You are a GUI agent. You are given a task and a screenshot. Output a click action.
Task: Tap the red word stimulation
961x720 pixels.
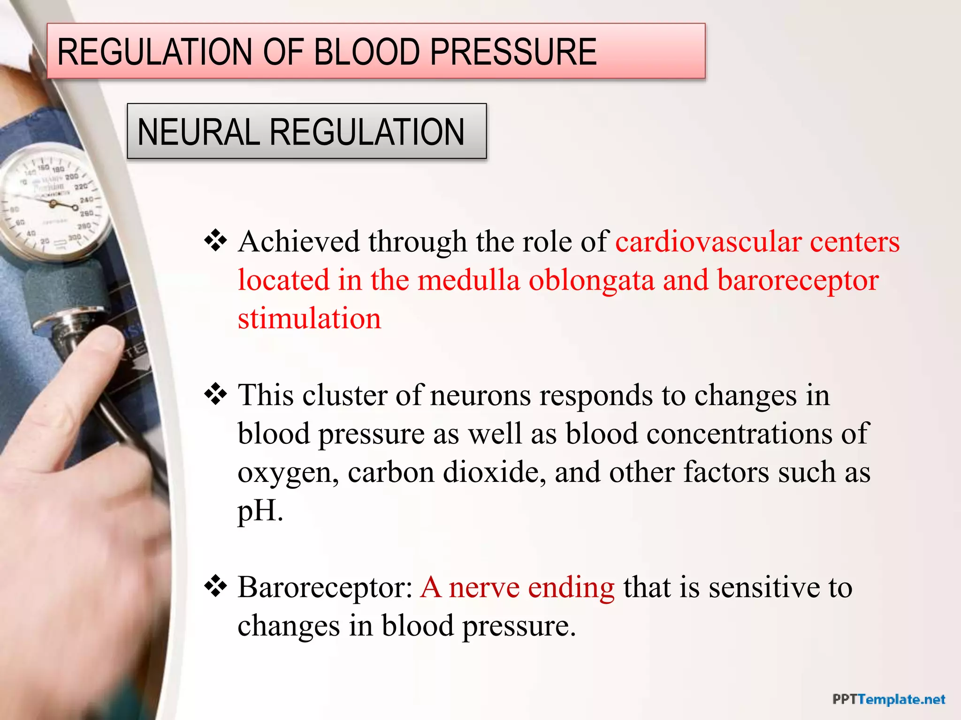coord(309,319)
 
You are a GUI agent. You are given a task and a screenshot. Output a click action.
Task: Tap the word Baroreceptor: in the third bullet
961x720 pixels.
coord(325,587)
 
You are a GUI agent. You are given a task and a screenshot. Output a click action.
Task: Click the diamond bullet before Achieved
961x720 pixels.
coord(215,241)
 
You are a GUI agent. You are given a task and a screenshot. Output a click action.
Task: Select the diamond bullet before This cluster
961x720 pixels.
coord(215,394)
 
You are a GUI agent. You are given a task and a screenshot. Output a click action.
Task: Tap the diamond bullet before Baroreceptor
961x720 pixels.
coord(215,586)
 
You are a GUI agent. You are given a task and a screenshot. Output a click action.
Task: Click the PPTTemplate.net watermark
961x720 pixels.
coord(889,700)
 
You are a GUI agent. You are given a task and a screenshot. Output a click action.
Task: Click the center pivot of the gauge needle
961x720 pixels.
coord(53,203)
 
